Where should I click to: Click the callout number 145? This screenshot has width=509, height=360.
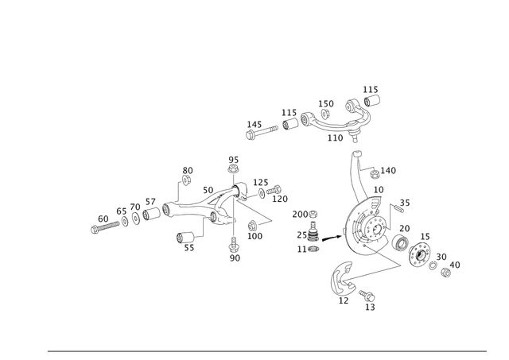tap(254, 125)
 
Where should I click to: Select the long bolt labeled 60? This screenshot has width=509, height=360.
tap(105, 226)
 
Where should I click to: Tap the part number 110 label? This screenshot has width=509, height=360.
tap(335, 137)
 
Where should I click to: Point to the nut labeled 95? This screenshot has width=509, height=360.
tap(232, 168)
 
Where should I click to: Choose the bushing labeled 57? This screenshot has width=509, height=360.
tap(152, 214)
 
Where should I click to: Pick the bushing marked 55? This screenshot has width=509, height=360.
tap(185, 237)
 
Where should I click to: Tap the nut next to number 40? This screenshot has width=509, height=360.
tap(445, 273)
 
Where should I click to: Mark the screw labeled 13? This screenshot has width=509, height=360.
tap(367, 296)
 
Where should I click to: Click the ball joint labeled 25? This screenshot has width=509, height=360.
tap(313, 232)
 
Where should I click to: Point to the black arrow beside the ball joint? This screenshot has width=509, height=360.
tap(332, 238)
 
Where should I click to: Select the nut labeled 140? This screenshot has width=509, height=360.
tap(375, 174)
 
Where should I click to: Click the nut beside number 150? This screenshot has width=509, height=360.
tap(325, 114)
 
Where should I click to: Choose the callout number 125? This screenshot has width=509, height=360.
tap(261, 182)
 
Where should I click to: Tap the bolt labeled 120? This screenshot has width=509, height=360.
tap(274, 190)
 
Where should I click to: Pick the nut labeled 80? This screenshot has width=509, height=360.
tap(186, 180)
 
